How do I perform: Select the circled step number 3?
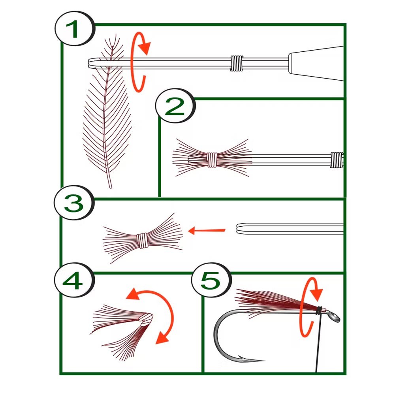pos(74,205)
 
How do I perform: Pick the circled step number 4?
pos(74,282)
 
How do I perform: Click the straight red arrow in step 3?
pos(207,230)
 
